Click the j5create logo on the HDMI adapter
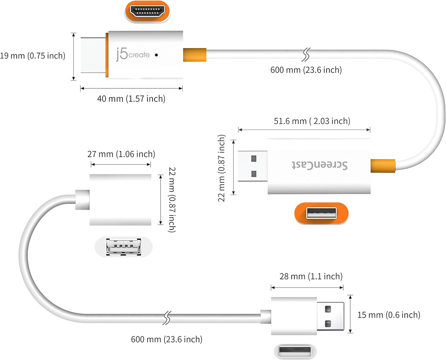[x=133, y=54]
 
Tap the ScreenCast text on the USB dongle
[x=319, y=165]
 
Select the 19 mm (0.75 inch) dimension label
[x=33, y=56]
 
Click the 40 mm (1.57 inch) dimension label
[x=131, y=99]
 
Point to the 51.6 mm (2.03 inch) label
[x=312, y=121]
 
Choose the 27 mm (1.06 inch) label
[x=121, y=154]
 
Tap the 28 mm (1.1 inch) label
[x=311, y=276]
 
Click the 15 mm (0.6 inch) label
[x=389, y=315]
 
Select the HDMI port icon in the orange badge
[x=147, y=11]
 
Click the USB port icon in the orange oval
[x=321, y=213]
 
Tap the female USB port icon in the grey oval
[x=123, y=247]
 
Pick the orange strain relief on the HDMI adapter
[x=194, y=55]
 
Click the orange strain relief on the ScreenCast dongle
[x=383, y=166]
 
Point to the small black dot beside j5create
[x=156, y=55]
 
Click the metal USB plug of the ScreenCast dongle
[x=252, y=166]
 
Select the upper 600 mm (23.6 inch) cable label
[x=306, y=70]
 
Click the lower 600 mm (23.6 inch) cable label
[x=167, y=340]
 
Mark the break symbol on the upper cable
[x=306, y=55]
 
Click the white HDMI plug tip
[x=93, y=55]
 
